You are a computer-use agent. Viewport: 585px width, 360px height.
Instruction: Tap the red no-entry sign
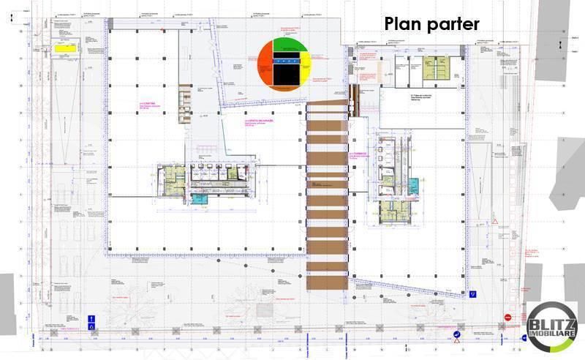(x=507, y=318)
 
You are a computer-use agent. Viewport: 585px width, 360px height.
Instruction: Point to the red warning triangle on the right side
(x=495, y=221)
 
